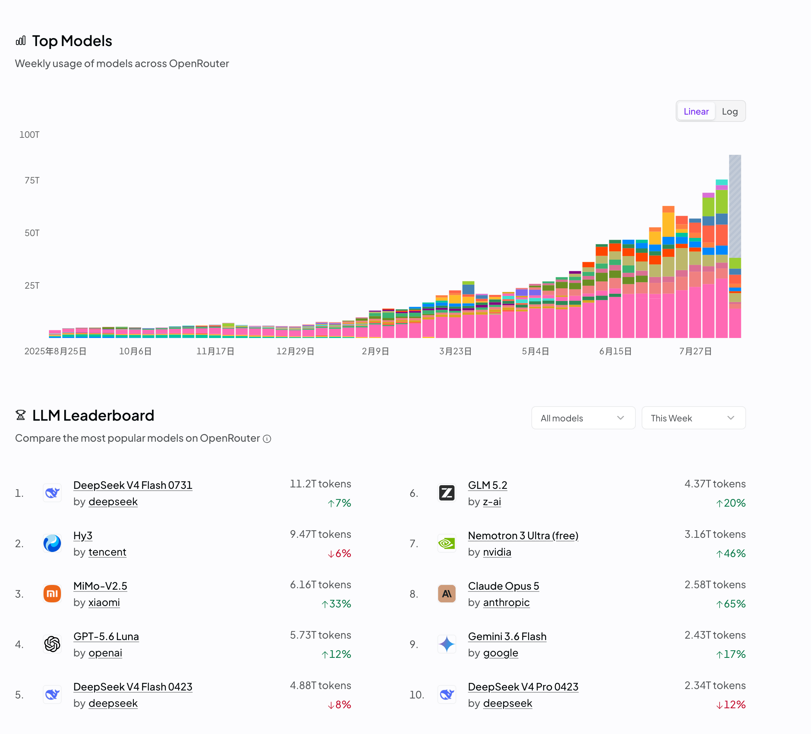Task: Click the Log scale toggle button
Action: coord(729,111)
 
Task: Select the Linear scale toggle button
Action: coord(696,111)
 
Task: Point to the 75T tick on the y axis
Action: coord(32,180)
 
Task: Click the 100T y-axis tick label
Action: coord(29,135)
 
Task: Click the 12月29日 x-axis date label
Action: coord(295,351)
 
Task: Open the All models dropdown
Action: coord(583,418)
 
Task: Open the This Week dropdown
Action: coord(693,418)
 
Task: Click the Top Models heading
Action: coord(72,41)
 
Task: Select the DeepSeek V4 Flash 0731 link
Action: coord(133,485)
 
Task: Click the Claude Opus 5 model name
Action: coord(503,586)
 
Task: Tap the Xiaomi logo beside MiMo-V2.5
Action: coord(52,594)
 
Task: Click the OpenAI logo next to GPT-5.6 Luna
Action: coord(52,644)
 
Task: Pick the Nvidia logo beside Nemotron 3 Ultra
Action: coord(446,543)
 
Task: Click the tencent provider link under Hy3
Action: coord(107,552)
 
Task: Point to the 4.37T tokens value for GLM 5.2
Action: coord(715,484)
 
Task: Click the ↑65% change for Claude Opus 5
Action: coord(730,604)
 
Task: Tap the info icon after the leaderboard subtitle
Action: coord(267,439)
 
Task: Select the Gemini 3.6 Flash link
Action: coord(507,636)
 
